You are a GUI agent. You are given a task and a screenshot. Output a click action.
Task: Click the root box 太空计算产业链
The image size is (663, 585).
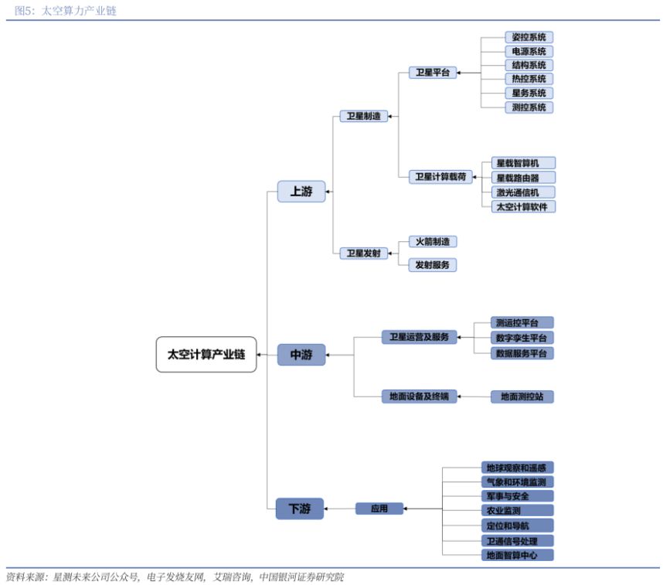pyautogui.click(x=206, y=355)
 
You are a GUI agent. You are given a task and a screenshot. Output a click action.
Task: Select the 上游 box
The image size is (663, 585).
pyautogui.click(x=301, y=191)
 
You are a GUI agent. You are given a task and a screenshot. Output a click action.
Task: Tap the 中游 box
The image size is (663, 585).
pyautogui.click(x=301, y=355)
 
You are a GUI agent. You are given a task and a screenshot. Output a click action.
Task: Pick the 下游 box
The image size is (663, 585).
pyautogui.click(x=299, y=508)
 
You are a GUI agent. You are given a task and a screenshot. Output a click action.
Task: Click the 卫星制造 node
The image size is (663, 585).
pyautogui.click(x=364, y=116)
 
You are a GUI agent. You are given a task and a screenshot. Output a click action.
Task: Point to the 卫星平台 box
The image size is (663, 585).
pyautogui.click(x=433, y=73)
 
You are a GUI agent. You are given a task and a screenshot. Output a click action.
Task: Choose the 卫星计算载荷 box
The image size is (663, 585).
pyautogui.click(x=440, y=177)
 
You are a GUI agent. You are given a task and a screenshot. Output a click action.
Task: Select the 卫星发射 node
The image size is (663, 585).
pyautogui.click(x=364, y=253)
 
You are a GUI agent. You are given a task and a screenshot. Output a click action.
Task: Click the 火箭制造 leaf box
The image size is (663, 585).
pyautogui.click(x=433, y=242)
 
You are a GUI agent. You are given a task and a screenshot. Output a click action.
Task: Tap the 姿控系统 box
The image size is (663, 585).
pyautogui.click(x=529, y=37)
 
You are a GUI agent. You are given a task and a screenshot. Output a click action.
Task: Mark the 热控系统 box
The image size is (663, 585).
pyautogui.click(x=529, y=79)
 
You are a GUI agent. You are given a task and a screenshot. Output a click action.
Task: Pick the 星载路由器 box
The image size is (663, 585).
pyautogui.click(x=523, y=178)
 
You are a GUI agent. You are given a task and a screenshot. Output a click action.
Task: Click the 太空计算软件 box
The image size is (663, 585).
pyautogui.click(x=523, y=207)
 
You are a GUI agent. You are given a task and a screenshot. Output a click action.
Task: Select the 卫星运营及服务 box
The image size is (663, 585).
pyautogui.click(x=419, y=337)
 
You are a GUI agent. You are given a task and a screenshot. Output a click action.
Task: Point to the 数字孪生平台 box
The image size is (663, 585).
pyautogui.click(x=522, y=338)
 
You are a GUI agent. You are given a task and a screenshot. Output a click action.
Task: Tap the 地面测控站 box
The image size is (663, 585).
pyautogui.click(x=522, y=396)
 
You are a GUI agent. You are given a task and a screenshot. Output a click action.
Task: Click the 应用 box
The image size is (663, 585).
pyautogui.click(x=379, y=508)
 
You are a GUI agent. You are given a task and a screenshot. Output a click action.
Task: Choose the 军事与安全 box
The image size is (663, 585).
pyautogui.click(x=517, y=496)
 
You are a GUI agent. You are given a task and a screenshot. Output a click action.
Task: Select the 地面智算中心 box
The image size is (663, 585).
pyautogui.click(x=517, y=555)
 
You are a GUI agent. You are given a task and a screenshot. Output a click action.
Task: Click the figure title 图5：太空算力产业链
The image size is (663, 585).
pyautogui.click(x=66, y=11)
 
